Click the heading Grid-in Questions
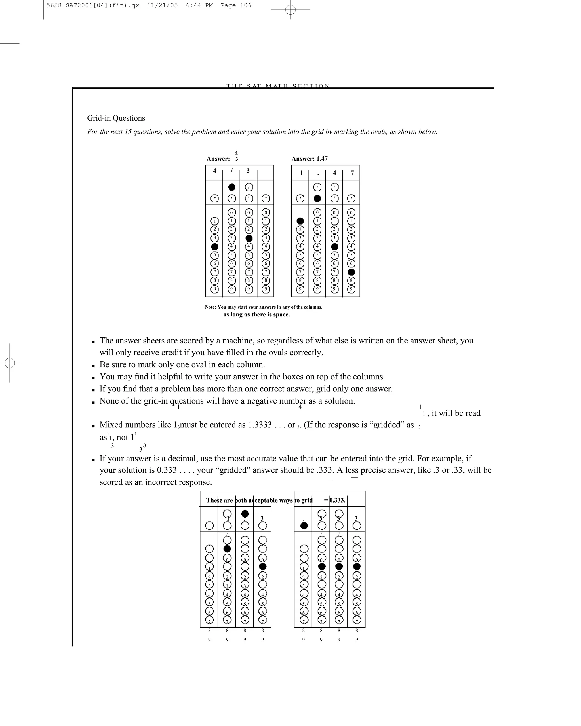click(116, 118)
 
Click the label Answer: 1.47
click(309, 159)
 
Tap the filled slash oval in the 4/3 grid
click(232, 187)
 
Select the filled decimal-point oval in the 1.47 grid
click(317, 198)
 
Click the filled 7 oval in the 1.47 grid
click(351, 272)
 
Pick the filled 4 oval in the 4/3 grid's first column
click(214, 247)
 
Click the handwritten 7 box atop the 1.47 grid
click(352, 173)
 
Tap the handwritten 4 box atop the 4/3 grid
click(214, 171)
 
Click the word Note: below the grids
click(210, 307)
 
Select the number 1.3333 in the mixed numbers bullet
click(260, 425)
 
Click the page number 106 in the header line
click(246, 5)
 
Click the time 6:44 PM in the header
click(199, 5)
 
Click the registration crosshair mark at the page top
click(290, 10)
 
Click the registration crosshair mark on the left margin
click(10, 363)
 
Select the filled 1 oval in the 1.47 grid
click(300, 221)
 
